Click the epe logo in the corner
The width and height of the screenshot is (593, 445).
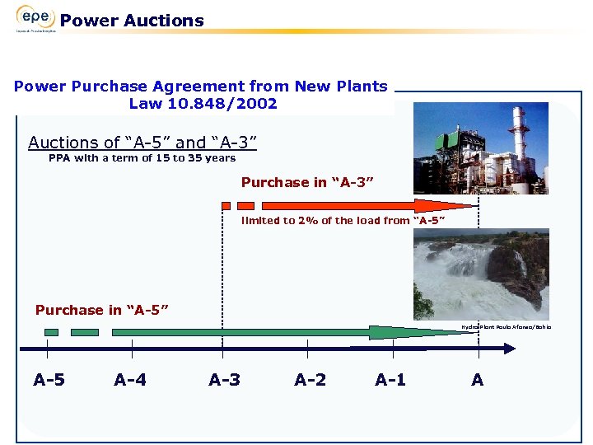click(x=35, y=18)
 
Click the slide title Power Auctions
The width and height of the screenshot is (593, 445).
click(x=132, y=21)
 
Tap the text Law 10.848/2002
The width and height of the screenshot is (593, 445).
click(x=203, y=104)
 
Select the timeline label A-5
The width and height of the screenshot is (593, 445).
click(x=50, y=380)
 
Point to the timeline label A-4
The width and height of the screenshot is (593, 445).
click(x=131, y=380)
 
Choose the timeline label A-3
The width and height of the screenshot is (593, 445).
click(x=225, y=380)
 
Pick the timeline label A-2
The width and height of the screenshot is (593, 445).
click(x=310, y=380)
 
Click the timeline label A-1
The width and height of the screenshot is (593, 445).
click(x=390, y=380)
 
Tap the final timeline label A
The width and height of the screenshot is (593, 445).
click(x=478, y=380)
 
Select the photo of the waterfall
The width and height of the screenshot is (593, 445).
click(x=481, y=274)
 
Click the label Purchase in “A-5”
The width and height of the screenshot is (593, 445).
click(x=102, y=310)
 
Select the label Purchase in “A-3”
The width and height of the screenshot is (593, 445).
click(x=308, y=182)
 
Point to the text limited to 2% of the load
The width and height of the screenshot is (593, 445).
click(x=343, y=220)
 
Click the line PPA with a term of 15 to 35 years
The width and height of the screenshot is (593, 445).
click(x=142, y=157)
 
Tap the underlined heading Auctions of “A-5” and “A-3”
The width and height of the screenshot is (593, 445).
click(x=142, y=143)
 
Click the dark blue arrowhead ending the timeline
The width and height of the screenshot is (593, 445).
click(x=508, y=348)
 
